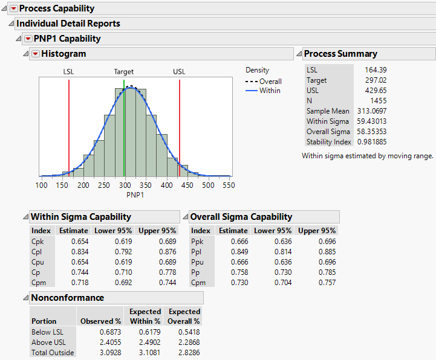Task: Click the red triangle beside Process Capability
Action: click(x=13, y=8)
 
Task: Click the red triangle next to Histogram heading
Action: click(x=35, y=54)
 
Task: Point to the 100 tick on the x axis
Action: click(x=41, y=185)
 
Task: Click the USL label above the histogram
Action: click(x=179, y=72)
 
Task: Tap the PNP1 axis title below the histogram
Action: click(x=135, y=194)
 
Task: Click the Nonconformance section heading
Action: click(x=67, y=298)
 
